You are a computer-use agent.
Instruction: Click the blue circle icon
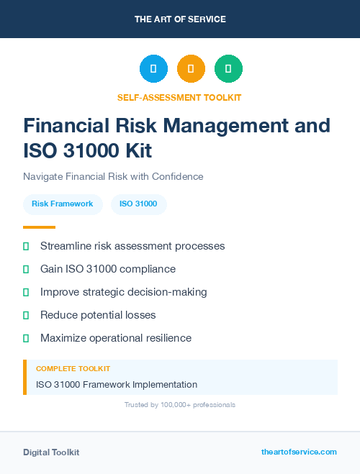(153, 68)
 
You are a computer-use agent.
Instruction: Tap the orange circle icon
(191, 68)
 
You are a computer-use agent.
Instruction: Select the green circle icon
(228, 68)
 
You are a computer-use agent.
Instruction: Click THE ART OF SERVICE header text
(180, 19)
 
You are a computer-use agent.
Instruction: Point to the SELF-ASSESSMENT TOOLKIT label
(180, 97)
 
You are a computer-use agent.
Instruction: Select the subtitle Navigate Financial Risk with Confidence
(113, 176)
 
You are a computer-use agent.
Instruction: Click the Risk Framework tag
(63, 204)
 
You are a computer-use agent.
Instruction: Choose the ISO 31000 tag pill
(138, 204)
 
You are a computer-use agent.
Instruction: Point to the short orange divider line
(35, 227)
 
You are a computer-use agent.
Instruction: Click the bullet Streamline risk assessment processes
(132, 246)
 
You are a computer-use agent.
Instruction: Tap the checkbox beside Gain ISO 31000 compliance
(26, 270)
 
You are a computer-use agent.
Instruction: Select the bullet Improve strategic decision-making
(123, 292)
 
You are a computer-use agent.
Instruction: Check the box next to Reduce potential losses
(26, 316)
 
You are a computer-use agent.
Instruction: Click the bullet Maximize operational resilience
(116, 338)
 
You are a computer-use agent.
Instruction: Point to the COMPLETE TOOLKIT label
(73, 369)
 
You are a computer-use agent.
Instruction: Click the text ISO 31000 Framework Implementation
(117, 384)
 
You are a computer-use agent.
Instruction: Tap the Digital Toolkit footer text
(51, 452)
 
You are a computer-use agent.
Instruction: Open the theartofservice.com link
(299, 452)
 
